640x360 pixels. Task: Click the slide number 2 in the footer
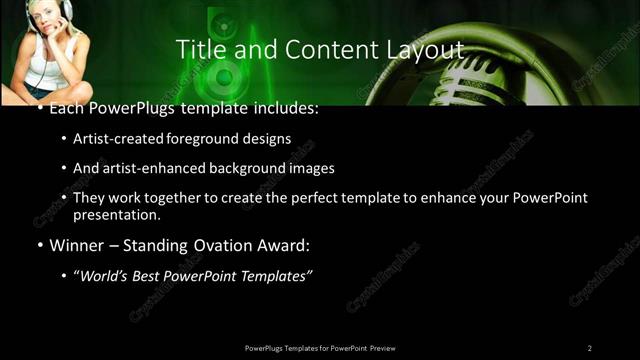click(589, 348)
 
